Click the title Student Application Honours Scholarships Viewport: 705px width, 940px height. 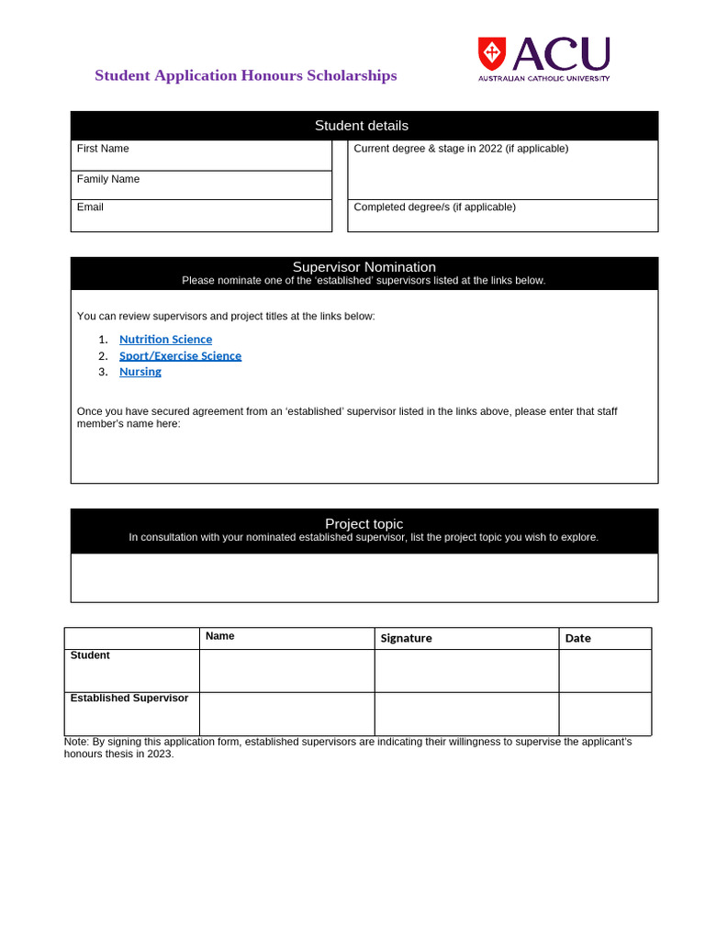[246, 75]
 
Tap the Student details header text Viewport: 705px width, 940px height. [362, 126]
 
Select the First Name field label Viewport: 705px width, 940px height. [103, 149]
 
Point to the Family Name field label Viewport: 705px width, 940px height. [108, 179]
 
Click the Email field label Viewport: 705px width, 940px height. [90, 207]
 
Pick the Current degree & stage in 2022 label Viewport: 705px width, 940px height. [461, 149]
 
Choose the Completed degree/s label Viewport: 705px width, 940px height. [434, 207]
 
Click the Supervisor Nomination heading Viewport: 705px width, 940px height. [364, 267]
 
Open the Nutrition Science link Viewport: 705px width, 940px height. [165, 340]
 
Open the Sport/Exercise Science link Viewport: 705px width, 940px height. [180, 356]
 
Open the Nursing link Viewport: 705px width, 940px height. [140, 372]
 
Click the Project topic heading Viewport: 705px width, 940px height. [364, 524]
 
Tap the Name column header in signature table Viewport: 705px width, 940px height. [220, 636]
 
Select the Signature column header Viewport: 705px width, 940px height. [406, 638]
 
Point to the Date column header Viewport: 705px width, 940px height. [578, 638]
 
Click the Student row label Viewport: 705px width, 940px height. [90, 655]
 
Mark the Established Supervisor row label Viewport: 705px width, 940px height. [129, 699]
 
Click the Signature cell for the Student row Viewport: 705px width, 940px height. [466, 671]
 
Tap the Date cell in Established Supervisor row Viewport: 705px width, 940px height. [605, 713]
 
